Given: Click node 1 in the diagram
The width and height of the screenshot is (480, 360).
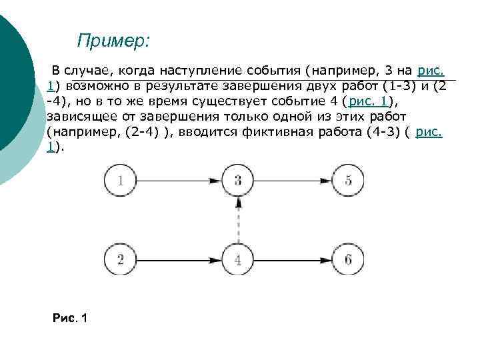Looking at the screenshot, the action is pos(119,180).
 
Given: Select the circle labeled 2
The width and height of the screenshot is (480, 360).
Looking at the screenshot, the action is pos(119,259).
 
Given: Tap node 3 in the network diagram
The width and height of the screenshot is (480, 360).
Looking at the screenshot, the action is pos(239,180).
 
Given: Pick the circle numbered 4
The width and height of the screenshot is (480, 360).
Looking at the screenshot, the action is pos(239,259).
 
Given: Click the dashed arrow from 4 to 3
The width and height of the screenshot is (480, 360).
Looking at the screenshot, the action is pos(239,220).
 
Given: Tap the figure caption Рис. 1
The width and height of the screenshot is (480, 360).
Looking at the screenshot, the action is pos(69,318).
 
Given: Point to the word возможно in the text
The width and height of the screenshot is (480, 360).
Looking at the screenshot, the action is pos(97,86).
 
